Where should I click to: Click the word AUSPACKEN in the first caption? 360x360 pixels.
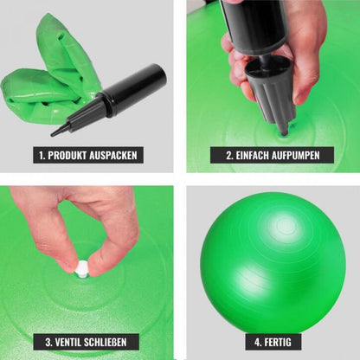click(113, 156)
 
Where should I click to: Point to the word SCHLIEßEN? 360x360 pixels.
click(106, 343)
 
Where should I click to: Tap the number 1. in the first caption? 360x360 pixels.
click(42, 156)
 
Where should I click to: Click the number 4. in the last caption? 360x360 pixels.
click(258, 343)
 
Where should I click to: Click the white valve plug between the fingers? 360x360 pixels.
click(81, 268)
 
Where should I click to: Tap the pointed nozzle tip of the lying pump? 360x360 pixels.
click(53, 134)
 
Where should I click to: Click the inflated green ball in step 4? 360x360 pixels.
click(273, 264)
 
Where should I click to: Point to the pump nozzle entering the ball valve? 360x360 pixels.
click(284, 129)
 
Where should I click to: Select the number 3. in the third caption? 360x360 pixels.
click(48, 343)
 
